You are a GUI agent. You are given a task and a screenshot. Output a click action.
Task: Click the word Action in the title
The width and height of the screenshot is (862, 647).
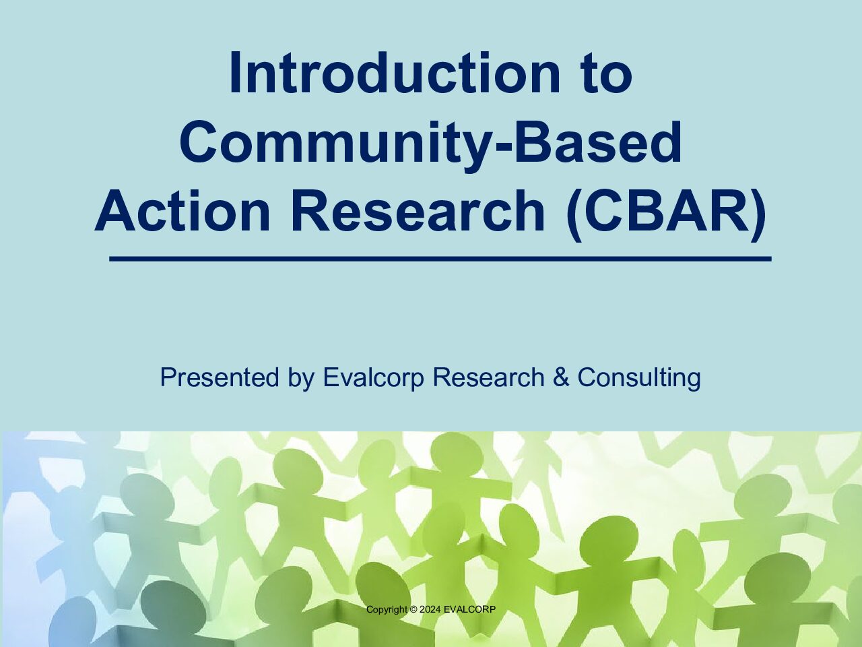click(183, 211)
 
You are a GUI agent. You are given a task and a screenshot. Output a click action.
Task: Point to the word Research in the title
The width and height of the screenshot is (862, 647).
click(418, 211)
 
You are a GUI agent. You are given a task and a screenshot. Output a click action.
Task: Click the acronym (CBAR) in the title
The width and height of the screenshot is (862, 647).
click(666, 214)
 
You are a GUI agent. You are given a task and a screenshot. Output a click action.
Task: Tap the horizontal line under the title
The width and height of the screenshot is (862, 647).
click(440, 259)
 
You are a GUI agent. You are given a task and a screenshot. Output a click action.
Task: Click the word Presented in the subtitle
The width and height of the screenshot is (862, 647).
click(220, 377)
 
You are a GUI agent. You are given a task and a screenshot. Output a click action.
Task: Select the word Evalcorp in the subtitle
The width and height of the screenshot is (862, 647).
click(374, 378)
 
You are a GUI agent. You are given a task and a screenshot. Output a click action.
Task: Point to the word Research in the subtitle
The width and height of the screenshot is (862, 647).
click(488, 377)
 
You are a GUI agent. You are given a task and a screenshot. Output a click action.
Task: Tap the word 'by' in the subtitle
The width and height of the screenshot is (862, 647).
click(301, 379)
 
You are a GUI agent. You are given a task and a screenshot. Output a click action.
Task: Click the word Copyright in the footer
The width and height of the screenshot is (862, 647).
click(387, 609)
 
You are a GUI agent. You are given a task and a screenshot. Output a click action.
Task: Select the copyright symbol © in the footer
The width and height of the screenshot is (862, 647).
click(413, 609)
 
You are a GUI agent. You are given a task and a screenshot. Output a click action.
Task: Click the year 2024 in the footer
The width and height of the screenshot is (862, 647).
click(430, 609)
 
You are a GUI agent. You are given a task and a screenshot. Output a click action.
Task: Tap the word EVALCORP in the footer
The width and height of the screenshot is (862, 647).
click(469, 609)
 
